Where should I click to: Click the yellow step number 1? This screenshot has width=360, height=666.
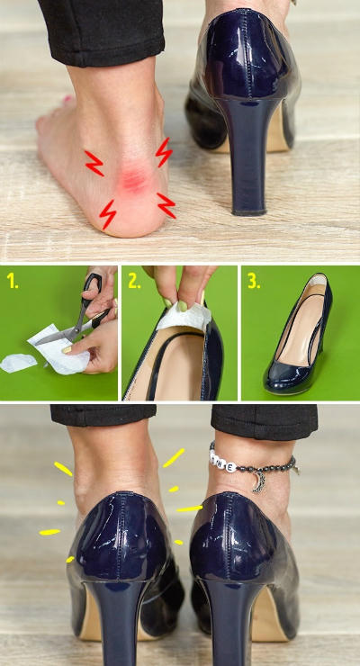point(13,282)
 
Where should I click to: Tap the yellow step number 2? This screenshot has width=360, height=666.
point(134,282)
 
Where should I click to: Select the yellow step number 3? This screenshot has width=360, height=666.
point(254,282)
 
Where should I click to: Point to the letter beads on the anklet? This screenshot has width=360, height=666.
point(223,461)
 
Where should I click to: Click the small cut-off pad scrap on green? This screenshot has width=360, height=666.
point(18,363)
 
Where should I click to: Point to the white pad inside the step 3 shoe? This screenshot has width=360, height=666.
point(318,280)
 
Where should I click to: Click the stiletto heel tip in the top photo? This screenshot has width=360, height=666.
point(249,211)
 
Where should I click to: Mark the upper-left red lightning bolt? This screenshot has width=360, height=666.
point(94,163)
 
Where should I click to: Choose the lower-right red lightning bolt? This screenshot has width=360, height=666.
point(166,205)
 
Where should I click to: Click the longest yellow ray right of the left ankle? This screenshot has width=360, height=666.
point(174,458)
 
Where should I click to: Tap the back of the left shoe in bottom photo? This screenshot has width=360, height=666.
point(120,536)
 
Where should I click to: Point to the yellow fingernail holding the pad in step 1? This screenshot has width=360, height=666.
point(68,349)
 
